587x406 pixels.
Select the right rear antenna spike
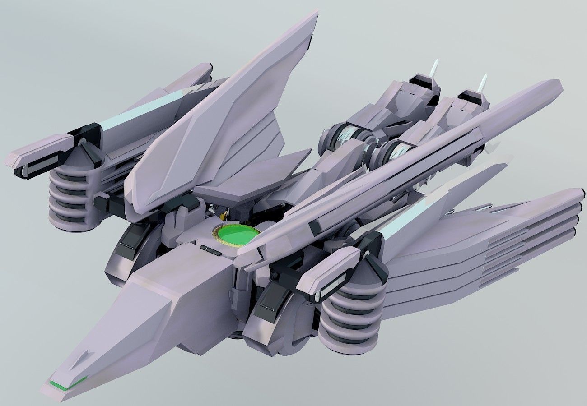[483, 83]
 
